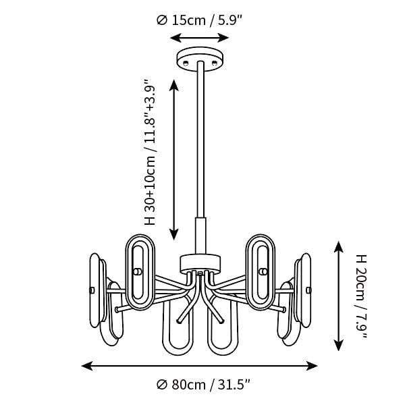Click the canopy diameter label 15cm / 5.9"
pos(207,20)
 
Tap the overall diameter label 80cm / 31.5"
pos(211,385)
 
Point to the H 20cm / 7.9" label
pos(362,296)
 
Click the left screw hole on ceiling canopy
pos(186,63)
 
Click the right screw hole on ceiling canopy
pos(214,63)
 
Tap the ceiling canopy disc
pos(200,59)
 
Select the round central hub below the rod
pos(200,263)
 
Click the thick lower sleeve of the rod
pos(200,236)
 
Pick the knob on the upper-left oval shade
pos(138,272)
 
